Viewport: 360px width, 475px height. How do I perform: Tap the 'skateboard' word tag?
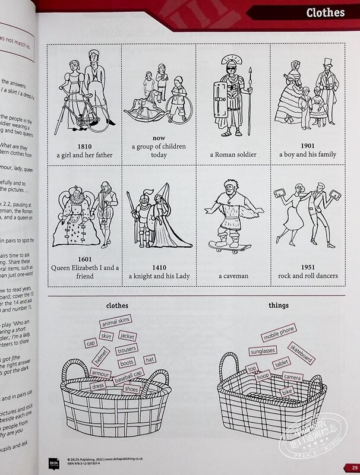(x=301, y=353)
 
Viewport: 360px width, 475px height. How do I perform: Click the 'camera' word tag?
(x=293, y=378)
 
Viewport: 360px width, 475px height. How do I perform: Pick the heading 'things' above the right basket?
(x=278, y=305)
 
